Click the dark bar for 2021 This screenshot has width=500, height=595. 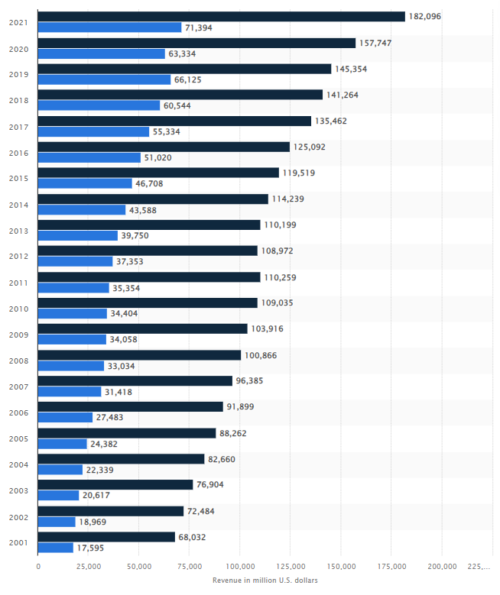click(x=221, y=17)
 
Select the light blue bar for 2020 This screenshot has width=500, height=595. click(x=101, y=53)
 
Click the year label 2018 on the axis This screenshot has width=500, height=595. click(x=18, y=100)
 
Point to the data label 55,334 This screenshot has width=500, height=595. click(x=170, y=131)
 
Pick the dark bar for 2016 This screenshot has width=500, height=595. click(x=164, y=147)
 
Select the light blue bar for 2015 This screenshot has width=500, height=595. click(x=85, y=183)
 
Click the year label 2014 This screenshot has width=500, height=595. click(x=18, y=204)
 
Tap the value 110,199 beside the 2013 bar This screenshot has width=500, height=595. click(x=281, y=225)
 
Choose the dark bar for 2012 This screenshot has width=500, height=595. click(x=148, y=251)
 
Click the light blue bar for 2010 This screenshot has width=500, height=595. click(x=73, y=314)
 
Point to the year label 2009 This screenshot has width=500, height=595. click(x=18, y=334)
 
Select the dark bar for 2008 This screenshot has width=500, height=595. click(x=139, y=355)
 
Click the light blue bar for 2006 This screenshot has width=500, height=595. click(x=65, y=418)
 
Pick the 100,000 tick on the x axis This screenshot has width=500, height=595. click(x=240, y=566)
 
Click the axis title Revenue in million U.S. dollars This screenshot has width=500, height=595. click(x=265, y=580)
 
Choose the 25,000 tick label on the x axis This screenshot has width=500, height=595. click(x=89, y=566)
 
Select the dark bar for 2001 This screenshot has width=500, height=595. click(x=106, y=537)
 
